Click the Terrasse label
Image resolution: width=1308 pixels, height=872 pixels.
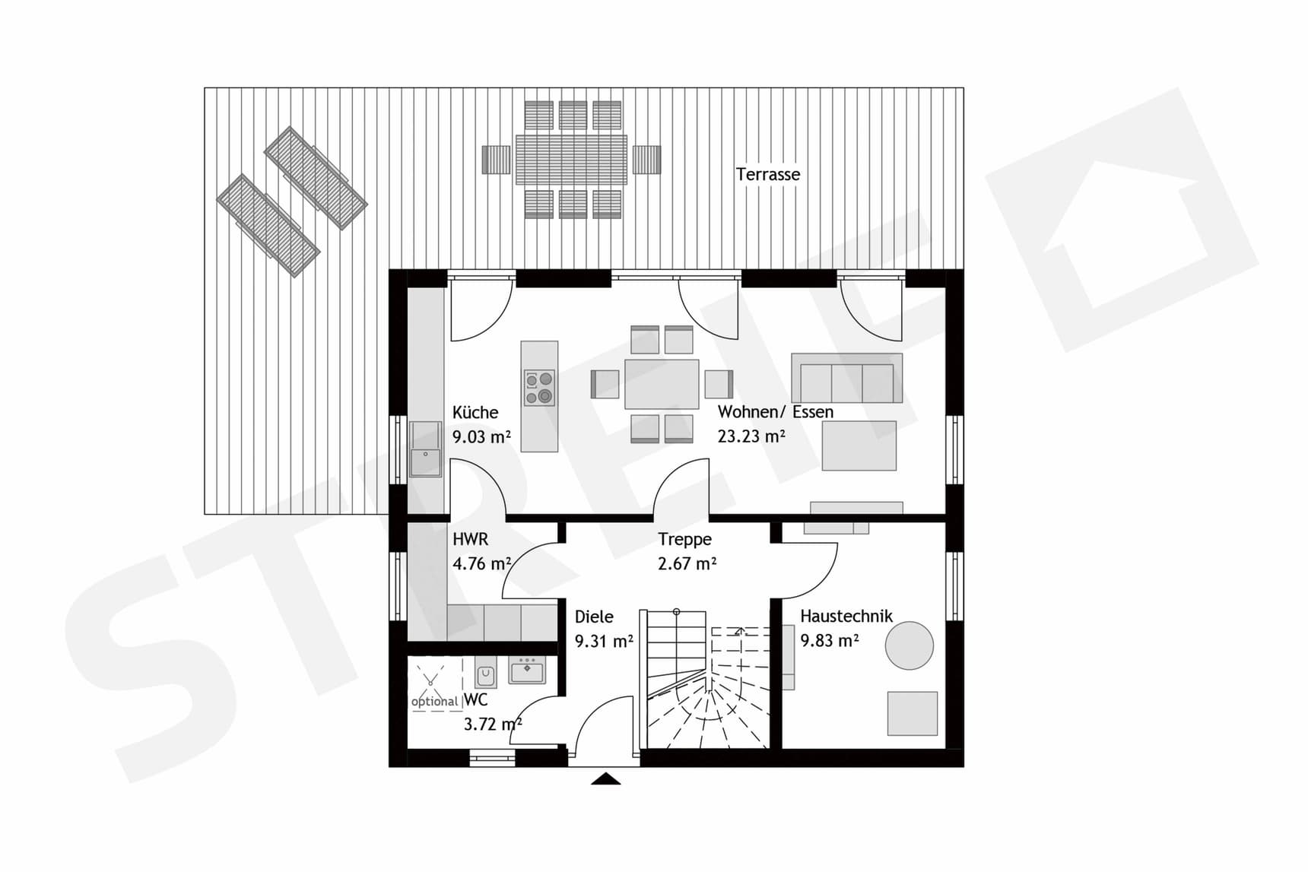[767, 175]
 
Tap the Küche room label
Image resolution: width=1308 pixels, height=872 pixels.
[475, 413]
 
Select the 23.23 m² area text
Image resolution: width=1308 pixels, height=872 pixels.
[751, 437]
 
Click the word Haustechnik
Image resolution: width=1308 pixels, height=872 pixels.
[846, 617]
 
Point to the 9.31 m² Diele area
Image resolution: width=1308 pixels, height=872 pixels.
[604, 642]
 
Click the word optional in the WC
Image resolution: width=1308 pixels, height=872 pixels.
[434, 702]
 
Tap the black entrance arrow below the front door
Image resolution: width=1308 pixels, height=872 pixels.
[605, 778]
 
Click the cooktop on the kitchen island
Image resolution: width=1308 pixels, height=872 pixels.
[539, 388]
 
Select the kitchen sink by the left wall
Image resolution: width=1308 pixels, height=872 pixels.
[426, 449]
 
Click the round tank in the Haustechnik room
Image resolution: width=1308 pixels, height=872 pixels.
[909, 645]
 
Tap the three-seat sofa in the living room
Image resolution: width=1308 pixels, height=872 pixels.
[846, 379]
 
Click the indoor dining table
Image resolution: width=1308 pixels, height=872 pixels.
[662, 384]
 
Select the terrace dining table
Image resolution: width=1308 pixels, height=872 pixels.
[571, 160]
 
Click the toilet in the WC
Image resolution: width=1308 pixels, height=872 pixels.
[485, 674]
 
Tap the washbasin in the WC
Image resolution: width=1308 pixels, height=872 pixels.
[527, 671]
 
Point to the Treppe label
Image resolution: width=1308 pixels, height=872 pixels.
[684, 540]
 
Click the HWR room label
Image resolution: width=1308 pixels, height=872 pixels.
[470, 540]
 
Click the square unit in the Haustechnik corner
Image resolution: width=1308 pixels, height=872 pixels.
[913, 713]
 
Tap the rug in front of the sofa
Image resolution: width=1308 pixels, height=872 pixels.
[859, 446]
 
